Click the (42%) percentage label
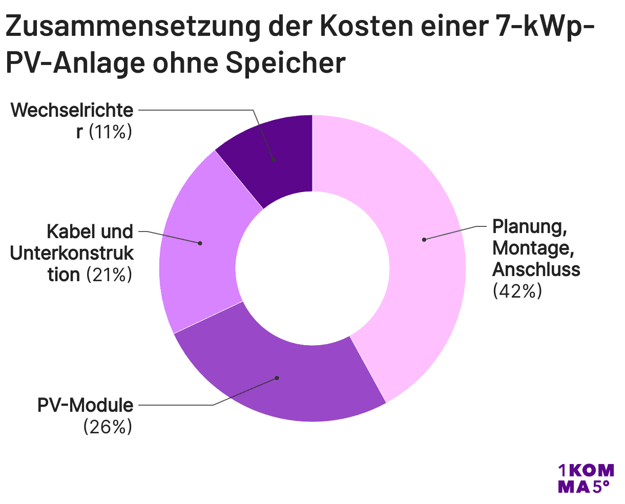(517, 291)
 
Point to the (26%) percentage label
(108, 427)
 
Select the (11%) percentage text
(111, 132)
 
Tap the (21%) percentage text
(109, 275)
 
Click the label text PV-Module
(85, 406)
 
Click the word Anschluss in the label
(536, 269)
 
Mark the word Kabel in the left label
(68, 232)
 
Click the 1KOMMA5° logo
(585, 478)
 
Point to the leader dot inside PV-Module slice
(277, 378)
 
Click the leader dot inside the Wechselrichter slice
(274, 160)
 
